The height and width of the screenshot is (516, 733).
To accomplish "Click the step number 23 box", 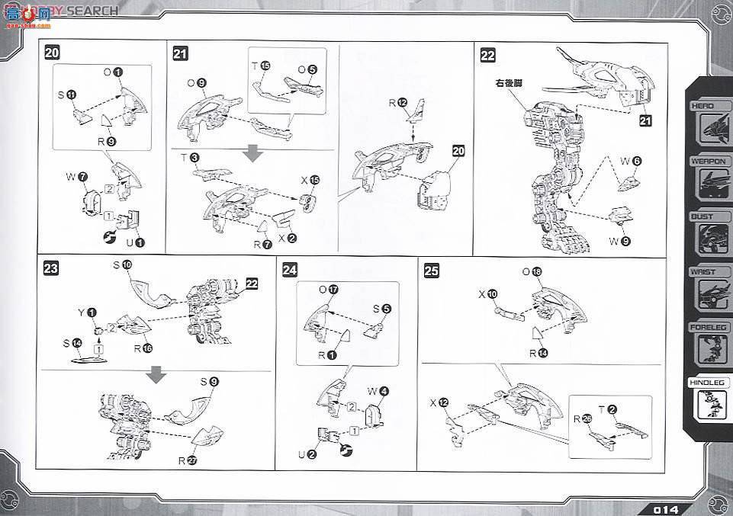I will click(x=52, y=268).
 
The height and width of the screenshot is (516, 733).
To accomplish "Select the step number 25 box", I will click(x=431, y=269).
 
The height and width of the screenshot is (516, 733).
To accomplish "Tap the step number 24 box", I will click(x=290, y=269).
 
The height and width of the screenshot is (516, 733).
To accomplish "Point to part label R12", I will click(x=398, y=102).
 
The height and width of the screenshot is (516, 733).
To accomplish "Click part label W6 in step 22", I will click(x=631, y=161).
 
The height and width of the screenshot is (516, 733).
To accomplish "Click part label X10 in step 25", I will click(x=487, y=293).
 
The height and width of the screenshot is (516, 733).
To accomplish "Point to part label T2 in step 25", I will click(x=606, y=409).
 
